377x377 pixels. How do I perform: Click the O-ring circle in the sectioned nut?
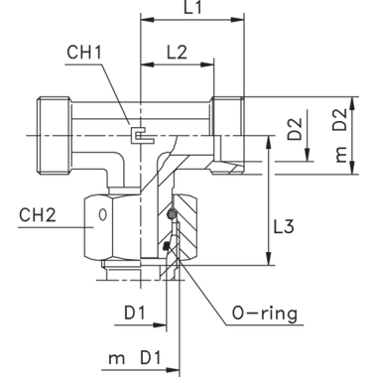[171, 212]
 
